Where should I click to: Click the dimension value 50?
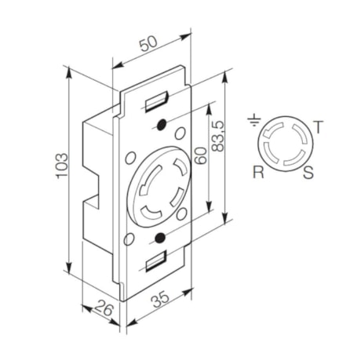pos(147,45)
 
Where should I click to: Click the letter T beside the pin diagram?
pos(317,126)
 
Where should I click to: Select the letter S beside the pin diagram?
pos(308,173)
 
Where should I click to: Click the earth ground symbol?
pos(253,122)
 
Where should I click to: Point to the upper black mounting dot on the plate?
pos(160,125)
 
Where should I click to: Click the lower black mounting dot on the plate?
pos(159,237)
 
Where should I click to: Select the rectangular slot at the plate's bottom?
pos(156,260)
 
